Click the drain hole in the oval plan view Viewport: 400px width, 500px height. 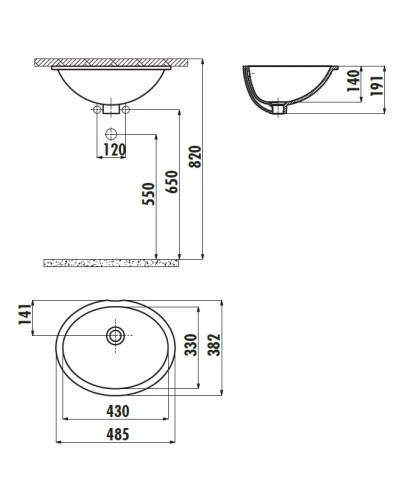pos(116,334)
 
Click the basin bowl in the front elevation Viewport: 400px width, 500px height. pos(112,83)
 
